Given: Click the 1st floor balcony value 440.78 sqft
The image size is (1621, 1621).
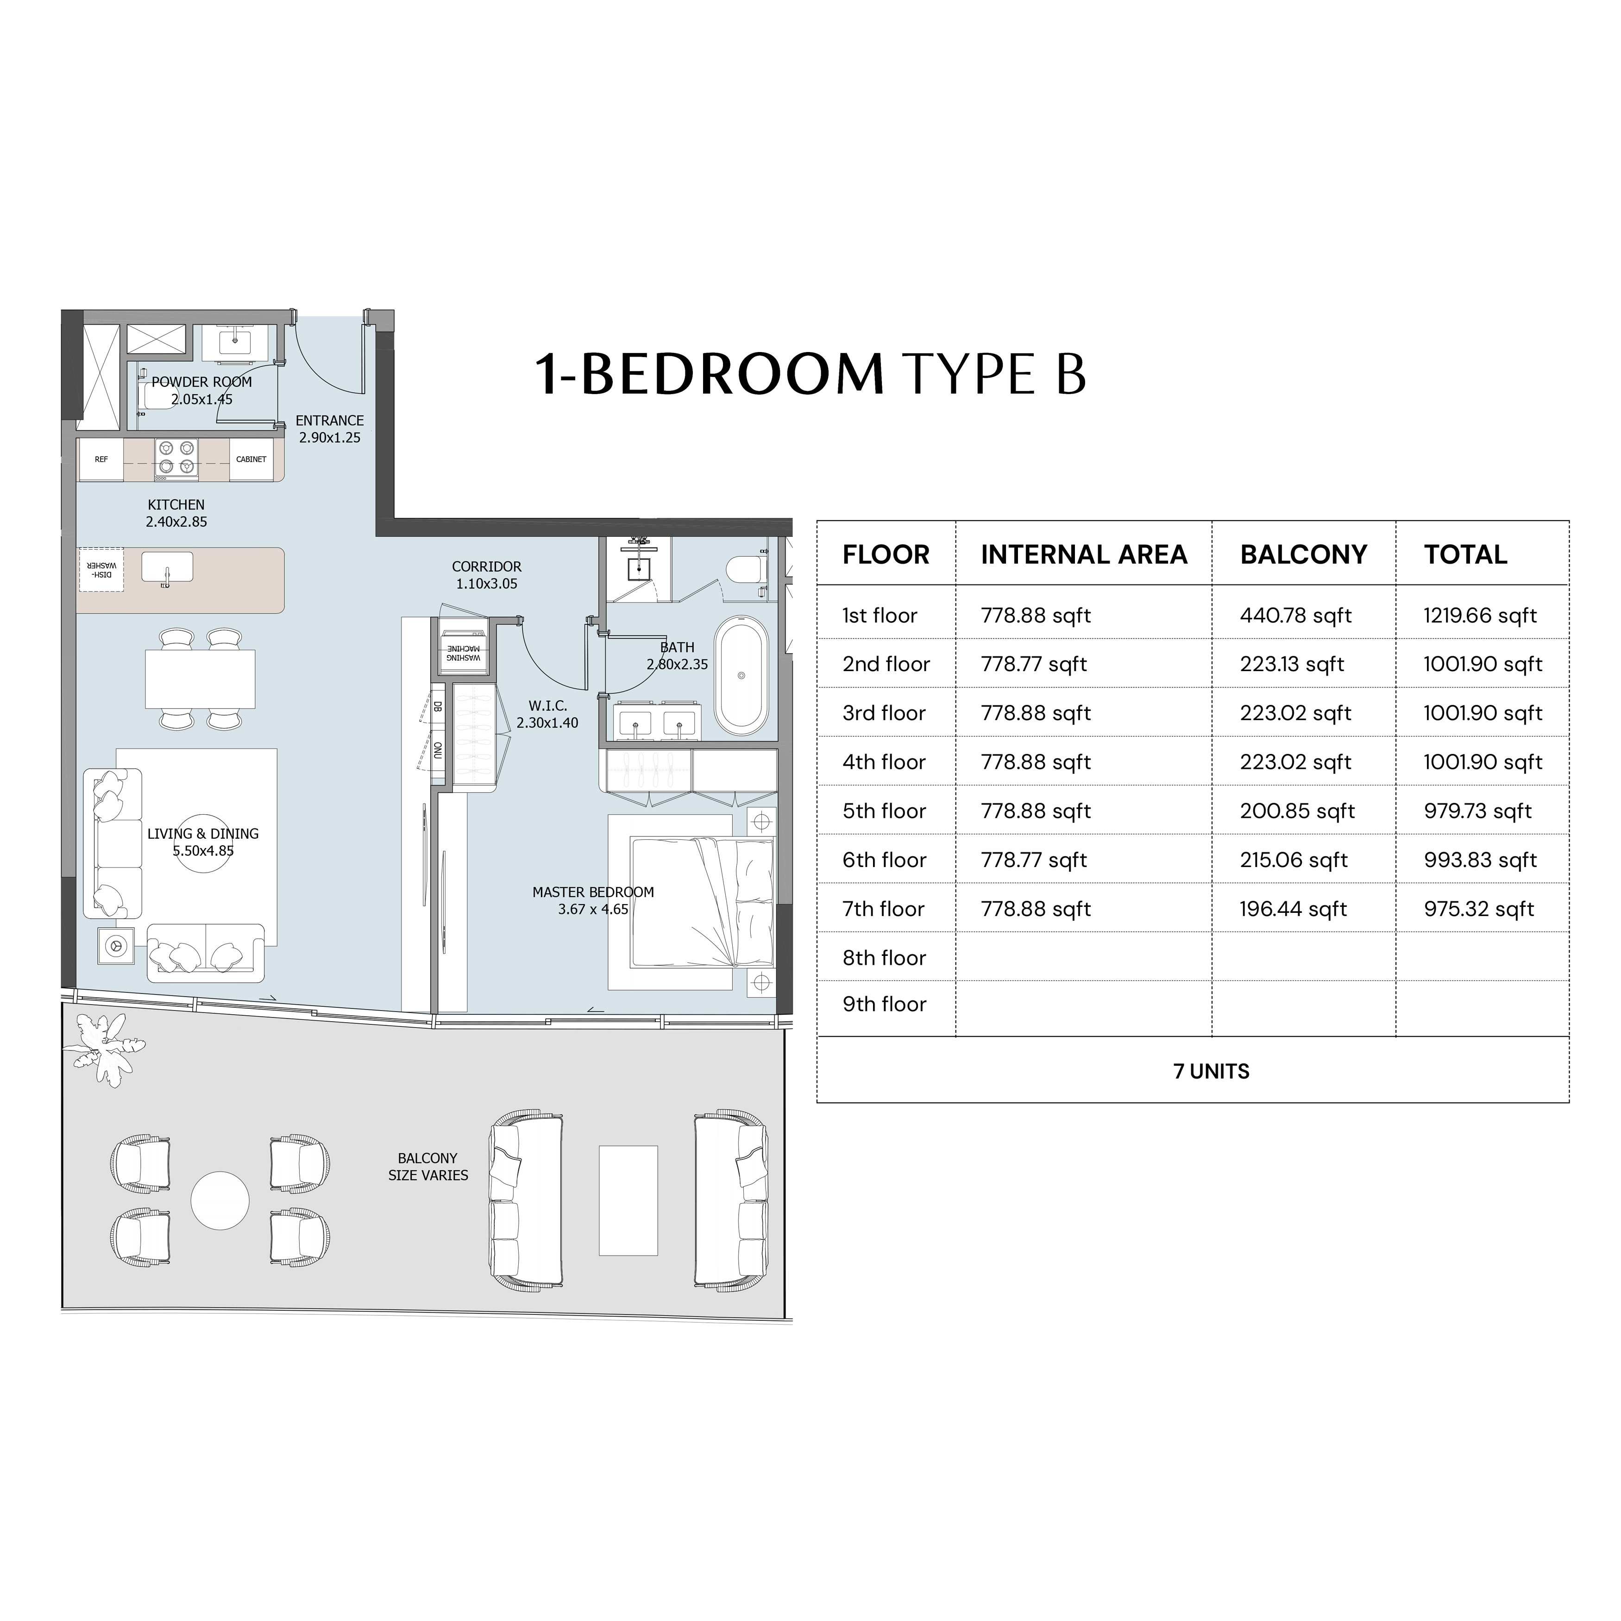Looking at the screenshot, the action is [x=1295, y=616].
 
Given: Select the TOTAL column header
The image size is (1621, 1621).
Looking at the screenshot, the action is [x=1465, y=554].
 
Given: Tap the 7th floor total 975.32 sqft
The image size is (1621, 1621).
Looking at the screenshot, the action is [x=1478, y=910].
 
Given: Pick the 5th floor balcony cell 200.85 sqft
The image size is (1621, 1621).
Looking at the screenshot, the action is [x=1297, y=811].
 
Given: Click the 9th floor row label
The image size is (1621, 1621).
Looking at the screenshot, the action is [x=884, y=1004].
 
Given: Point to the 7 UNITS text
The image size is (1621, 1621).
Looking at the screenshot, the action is [x=1211, y=1071].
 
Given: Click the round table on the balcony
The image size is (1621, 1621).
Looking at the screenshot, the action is [x=220, y=1200].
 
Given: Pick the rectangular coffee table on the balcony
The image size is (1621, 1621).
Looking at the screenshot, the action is [x=628, y=1200].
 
